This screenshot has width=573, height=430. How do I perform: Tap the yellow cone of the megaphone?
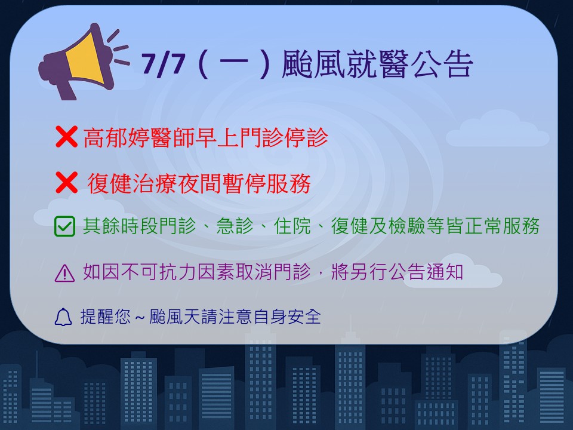[x=84, y=58]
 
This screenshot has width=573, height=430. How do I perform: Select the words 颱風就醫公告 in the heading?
[x=377, y=64]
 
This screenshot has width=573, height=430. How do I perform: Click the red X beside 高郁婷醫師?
[x=66, y=137]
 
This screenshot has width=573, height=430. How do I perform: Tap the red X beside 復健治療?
[x=66, y=182]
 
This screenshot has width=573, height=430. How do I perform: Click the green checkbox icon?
[x=64, y=226]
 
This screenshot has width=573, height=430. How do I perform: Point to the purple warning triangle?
[x=64, y=273]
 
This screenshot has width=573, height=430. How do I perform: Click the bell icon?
[x=63, y=317]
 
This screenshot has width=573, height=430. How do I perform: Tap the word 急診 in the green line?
[x=235, y=226]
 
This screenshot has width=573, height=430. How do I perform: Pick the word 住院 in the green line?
[x=292, y=226]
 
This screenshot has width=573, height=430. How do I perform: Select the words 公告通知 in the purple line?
[x=426, y=272]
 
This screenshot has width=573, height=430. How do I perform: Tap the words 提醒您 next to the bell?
[x=106, y=317]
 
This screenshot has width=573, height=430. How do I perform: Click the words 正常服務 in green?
[x=502, y=226]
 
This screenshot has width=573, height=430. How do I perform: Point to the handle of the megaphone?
[x=66, y=90]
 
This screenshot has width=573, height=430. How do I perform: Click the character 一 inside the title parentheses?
[x=234, y=64]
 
